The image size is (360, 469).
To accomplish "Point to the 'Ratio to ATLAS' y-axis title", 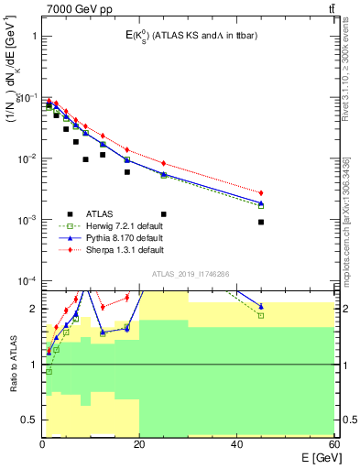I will coord(13,365).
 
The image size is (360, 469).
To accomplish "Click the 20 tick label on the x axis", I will coord(139,444).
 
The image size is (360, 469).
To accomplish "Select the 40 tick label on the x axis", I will coord(236,444).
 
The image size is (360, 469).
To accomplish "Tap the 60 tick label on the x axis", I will coord(333,444).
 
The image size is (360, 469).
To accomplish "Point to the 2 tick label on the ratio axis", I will coord(32,309).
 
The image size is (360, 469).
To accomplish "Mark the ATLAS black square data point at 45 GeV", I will coord(261,222).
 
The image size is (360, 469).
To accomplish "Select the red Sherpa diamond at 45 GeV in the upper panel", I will coord(261,192).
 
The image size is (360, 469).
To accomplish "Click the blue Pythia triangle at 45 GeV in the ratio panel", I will coord(261,306).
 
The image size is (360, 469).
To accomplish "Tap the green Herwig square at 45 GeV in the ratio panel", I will coord(261,315).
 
